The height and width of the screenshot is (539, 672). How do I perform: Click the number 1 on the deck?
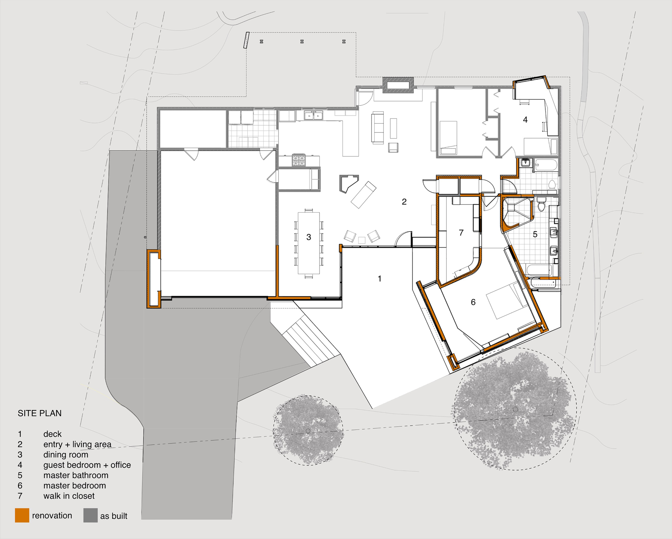(x=380, y=279)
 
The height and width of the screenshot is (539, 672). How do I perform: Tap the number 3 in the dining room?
(x=309, y=237)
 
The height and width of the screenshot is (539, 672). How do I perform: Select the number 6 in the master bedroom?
(x=473, y=302)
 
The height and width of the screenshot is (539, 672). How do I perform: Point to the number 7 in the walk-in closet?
(x=461, y=233)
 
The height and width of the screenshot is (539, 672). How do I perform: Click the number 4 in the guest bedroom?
(x=525, y=119)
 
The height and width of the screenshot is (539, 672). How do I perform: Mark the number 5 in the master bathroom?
(x=535, y=234)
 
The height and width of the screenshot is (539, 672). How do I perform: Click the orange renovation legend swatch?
(x=22, y=515)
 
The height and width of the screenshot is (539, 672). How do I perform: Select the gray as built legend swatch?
(x=90, y=515)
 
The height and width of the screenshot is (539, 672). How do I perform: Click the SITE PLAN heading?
(x=40, y=413)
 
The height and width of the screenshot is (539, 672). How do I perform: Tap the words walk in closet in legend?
(x=69, y=496)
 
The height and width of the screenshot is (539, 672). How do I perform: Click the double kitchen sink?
(x=313, y=116)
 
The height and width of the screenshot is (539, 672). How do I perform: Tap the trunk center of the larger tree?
(x=515, y=409)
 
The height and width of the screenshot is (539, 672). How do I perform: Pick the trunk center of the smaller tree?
(x=308, y=431)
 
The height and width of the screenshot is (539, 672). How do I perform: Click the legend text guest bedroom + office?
(x=87, y=465)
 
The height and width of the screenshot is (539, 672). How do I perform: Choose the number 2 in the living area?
(x=404, y=202)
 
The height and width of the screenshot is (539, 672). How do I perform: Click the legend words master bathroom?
(x=76, y=475)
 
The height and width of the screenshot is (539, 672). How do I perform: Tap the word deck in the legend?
(x=52, y=434)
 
